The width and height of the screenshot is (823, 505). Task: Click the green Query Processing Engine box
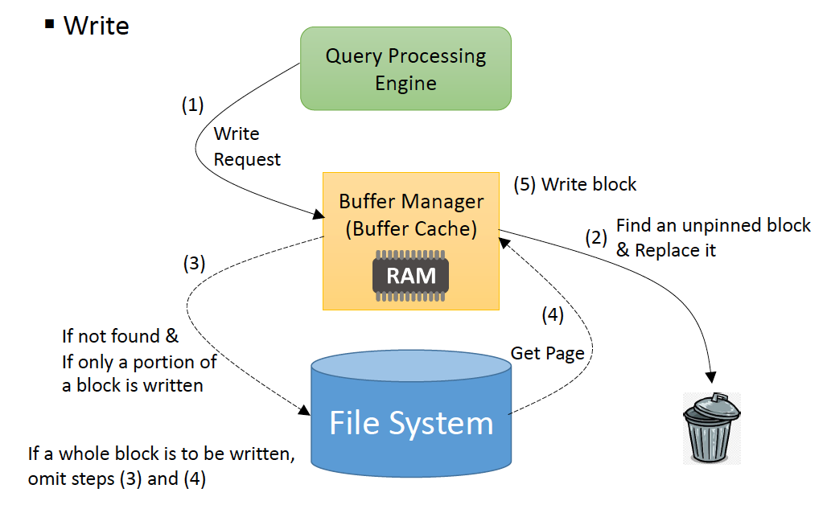point(405,69)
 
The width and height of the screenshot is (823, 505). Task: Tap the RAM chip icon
point(410,275)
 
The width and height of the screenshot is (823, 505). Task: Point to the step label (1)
point(192,105)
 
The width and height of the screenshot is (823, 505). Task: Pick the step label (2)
point(595,237)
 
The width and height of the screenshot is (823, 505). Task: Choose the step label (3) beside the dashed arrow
point(194,262)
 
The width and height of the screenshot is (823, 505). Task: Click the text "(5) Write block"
point(575,184)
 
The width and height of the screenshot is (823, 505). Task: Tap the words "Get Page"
point(548,353)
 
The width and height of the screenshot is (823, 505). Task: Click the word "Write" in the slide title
point(96,26)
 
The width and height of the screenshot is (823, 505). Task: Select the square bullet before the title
point(49,24)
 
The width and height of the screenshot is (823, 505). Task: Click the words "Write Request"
point(246,146)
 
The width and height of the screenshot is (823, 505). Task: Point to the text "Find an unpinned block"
point(713,225)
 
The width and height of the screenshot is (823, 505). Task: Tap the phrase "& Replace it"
point(665,251)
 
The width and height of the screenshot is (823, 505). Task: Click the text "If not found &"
point(120,336)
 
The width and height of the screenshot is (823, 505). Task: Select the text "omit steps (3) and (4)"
point(117,479)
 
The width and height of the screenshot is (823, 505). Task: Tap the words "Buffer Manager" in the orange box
point(410,201)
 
